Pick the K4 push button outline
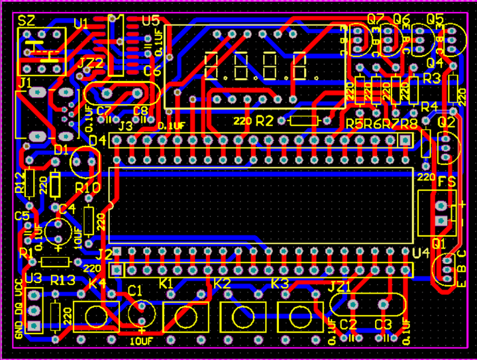point(95,316)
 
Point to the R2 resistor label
point(264,121)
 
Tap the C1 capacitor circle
point(141,312)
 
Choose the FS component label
point(446,182)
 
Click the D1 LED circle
point(84,161)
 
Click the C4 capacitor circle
point(59,232)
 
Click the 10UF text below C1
point(141,341)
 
